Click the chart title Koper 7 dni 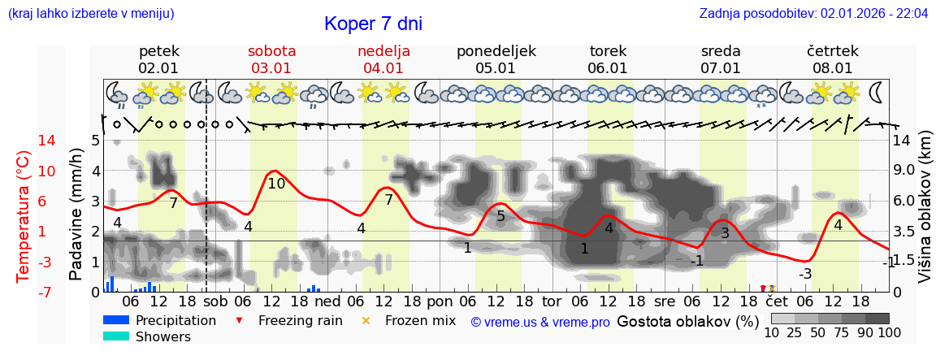pos(373,24)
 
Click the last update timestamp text pos(813,14)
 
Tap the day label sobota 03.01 pos(271,59)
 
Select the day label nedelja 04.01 pos(383,59)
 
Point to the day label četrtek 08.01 pos(833,59)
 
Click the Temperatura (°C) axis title pos(23,217)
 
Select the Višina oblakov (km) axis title pos(925,216)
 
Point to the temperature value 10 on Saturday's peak pos(276,184)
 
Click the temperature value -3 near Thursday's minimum pos(804,274)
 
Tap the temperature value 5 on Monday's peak pos(500,216)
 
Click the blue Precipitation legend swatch pos(116,320)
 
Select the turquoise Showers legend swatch pos(116,336)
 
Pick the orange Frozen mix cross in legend pos(366,321)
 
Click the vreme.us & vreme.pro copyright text pos(540,322)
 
